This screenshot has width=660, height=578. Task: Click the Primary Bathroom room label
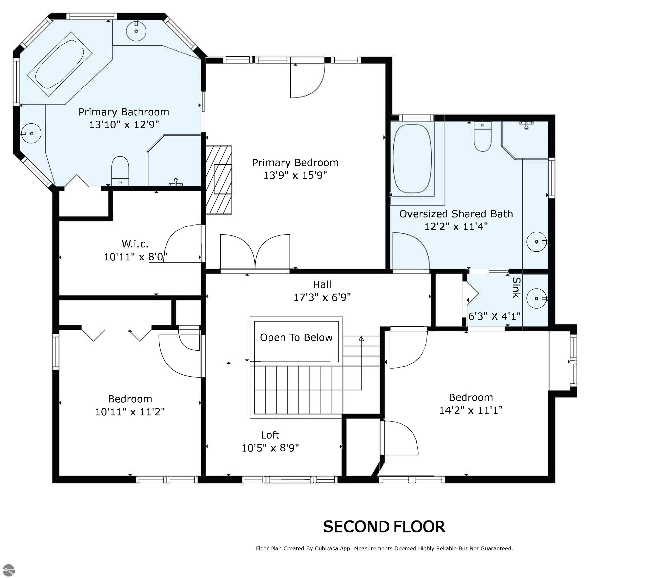click(x=124, y=112)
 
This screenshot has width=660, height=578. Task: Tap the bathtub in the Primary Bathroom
click(x=60, y=64)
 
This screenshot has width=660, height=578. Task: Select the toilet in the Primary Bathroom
click(x=120, y=171)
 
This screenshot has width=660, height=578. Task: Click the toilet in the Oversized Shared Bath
click(x=483, y=137)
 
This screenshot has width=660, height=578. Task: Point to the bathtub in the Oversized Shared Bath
click(x=412, y=159)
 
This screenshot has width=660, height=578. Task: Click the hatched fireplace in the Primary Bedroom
click(x=219, y=180)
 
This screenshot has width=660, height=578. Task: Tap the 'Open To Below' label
click(x=296, y=338)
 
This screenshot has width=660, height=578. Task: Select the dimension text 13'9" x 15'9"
click(x=295, y=175)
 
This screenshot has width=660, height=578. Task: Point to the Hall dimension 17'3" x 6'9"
click(x=322, y=297)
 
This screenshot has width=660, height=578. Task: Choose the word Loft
click(x=270, y=435)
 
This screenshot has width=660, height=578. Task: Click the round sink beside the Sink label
click(x=537, y=298)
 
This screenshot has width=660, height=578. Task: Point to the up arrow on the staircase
click(x=361, y=339)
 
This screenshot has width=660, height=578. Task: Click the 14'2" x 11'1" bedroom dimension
click(x=471, y=410)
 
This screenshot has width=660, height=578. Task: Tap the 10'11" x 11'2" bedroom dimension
click(x=130, y=412)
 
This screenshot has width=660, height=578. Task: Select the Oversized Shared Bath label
click(x=456, y=214)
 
